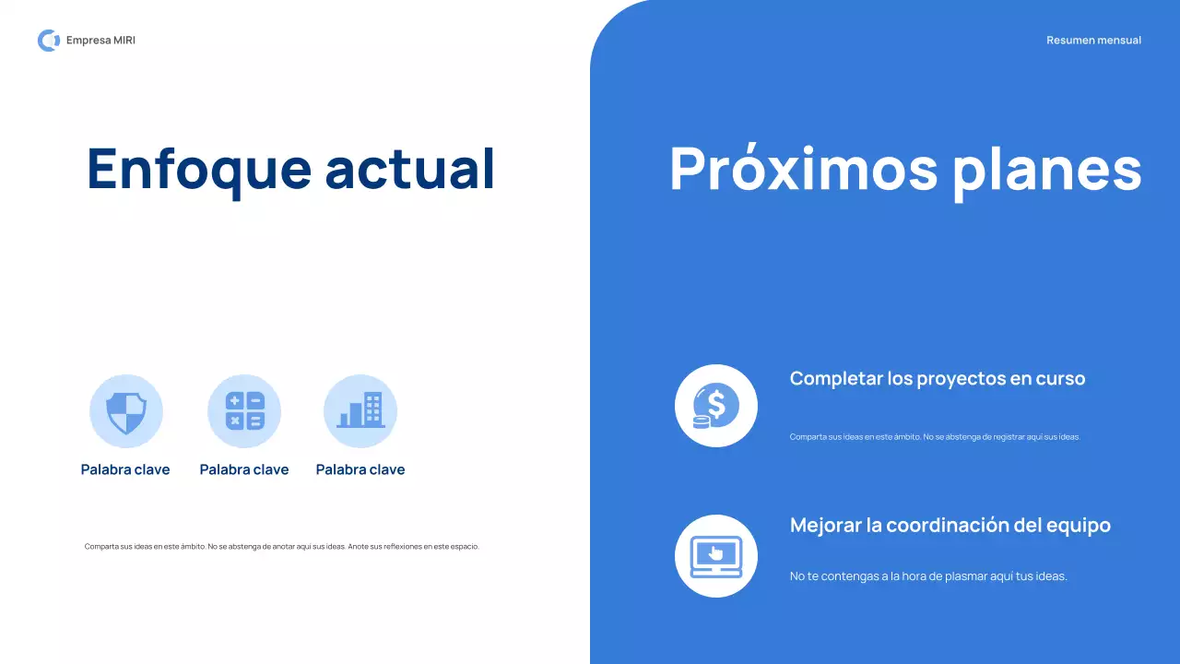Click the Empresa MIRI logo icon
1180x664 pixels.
(x=48, y=41)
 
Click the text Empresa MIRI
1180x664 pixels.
(x=100, y=41)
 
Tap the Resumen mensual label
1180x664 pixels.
(x=1093, y=41)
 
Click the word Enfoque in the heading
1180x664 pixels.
(x=199, y=169)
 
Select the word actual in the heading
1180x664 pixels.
(x=410, y=169)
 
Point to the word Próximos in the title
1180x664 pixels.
(x=803, y=169)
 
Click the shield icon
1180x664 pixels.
(x=126, y=411)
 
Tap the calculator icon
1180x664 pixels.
(x=244, y=411)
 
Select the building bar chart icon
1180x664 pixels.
(x=360, y=411)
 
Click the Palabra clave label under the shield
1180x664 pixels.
(x=125, y=469)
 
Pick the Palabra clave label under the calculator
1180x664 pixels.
(x=244, y=469)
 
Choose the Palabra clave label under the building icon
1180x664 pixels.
(x=360, y=469)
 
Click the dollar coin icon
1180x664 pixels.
(x=716, y=406)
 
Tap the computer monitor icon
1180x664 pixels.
(x=716, y=556)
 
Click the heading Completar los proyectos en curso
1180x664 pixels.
(x=938, y=378)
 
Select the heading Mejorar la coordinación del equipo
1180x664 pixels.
(x=950, y=525)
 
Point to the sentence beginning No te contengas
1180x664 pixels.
(x=928, y=576)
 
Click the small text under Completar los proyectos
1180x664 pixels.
(x=935, y=437)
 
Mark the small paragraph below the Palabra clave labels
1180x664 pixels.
(x=282, y=546)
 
